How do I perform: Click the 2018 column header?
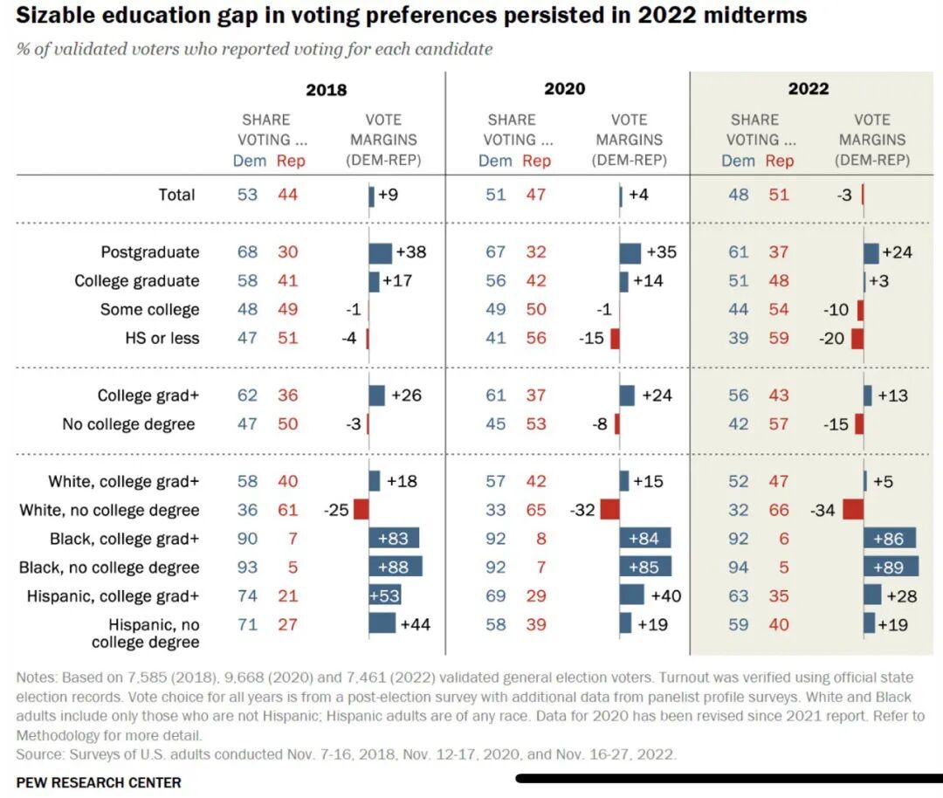click(326, 89)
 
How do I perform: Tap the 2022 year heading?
click(809, 88)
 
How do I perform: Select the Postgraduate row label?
click(150, 252)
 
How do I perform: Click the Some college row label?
click(149, 310)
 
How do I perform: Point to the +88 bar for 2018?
click(396, 568)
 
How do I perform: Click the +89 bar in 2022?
click(891, 568)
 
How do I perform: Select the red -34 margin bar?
click(853, 510)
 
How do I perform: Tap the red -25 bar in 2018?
click(360, 510)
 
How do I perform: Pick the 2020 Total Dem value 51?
click(496, 195)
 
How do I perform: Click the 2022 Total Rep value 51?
click(778, 195)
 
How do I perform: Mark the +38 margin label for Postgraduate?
click(410, 252)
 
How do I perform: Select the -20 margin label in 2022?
click(832, 339)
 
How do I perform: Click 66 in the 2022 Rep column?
click(778, 510)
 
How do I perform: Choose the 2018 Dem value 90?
click(247, 539)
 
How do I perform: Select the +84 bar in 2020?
click(644, 539)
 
